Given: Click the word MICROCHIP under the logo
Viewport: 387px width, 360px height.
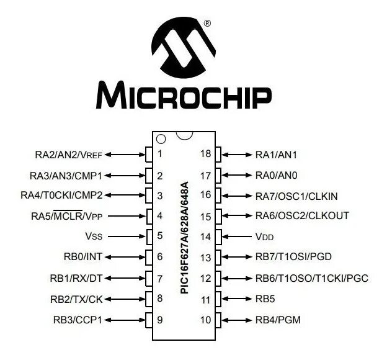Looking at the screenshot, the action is [184, 96].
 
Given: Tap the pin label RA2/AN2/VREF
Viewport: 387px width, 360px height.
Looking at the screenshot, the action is [69, 154].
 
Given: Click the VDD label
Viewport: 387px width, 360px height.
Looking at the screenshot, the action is [265, 236].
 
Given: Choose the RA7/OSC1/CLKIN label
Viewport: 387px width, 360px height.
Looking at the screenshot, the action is [296, 196].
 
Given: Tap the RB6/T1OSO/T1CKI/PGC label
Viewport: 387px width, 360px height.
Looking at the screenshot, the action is [312, 278].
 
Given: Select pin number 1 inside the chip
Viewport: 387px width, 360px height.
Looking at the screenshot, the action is [160, 154].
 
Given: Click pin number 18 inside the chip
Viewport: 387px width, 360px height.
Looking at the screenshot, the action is [205, 154].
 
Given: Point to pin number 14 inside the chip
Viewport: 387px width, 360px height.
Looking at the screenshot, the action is [205, 236].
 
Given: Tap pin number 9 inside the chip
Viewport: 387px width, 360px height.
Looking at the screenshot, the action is [160, 320].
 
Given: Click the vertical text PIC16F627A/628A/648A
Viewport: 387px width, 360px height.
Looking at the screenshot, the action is [184, 236].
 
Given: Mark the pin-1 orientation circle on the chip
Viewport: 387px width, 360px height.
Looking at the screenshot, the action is [161, 139].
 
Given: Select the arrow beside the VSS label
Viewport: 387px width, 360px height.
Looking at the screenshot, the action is [129, 236].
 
